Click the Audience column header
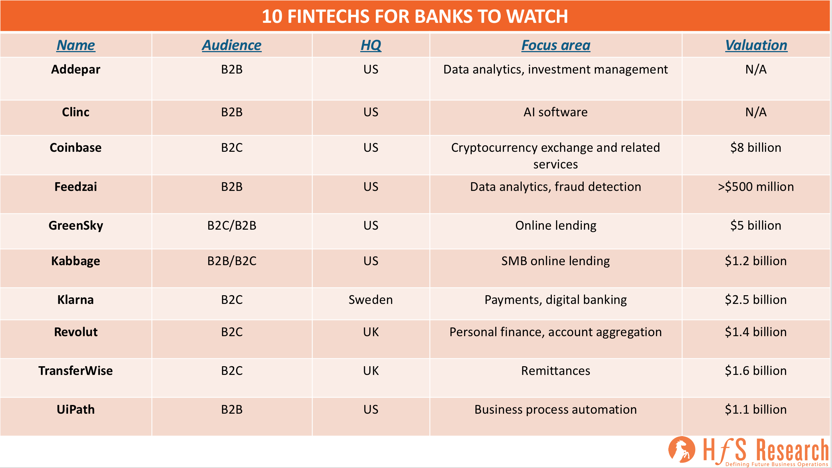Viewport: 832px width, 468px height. tap(232, 45)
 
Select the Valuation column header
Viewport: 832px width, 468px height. tap(756, 45)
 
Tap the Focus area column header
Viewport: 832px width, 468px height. tap(556, 45)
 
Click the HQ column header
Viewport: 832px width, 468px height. tap(371, 45)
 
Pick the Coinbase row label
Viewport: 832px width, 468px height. tap(76, 147)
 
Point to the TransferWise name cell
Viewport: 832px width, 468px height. tap(76, 371)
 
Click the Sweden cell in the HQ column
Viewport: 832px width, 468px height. tap(371, 300)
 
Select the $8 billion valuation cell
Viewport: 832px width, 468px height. tap(756, 147)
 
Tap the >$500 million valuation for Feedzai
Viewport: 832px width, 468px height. tap(756, 187)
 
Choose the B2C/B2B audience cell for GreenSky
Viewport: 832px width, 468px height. tap(232, 225)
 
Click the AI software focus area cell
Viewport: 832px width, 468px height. tap(556, 112)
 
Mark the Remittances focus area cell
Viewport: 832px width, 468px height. tap(556, 371)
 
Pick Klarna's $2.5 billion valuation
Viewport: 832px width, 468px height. tap(756, 300)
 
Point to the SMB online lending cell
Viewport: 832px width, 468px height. tap(556, 261)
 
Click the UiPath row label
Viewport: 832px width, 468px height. tap(76, 409)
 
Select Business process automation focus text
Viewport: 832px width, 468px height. tap(556, 409)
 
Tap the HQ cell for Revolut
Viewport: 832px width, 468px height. tap(371, 332)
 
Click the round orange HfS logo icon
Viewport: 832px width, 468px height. tap(682, 450)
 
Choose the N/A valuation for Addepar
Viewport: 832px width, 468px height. tap(756, 69)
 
